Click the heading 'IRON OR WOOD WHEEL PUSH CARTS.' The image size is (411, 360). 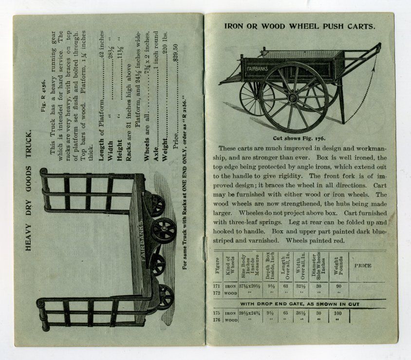tap(299, 26)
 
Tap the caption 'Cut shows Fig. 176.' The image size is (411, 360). tap(299, 138)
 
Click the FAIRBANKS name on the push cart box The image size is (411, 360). tap(258, 69)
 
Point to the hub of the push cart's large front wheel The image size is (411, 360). tap(292, 99)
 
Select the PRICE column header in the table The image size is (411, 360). tap(363, 265)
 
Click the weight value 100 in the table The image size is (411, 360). tap(338, 313)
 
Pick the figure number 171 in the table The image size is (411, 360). tap(217, 286)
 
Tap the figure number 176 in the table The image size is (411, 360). tap(217, 320)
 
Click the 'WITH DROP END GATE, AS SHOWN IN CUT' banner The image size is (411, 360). tap(300, 304)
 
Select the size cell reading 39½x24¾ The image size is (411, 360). tap(249, 313)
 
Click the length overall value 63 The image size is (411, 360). tap(285, 286)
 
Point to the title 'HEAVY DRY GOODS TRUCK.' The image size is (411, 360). tap(28, 190)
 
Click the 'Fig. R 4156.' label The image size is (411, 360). tap(43, 95)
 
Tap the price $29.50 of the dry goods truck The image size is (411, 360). tap(175, 53)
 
